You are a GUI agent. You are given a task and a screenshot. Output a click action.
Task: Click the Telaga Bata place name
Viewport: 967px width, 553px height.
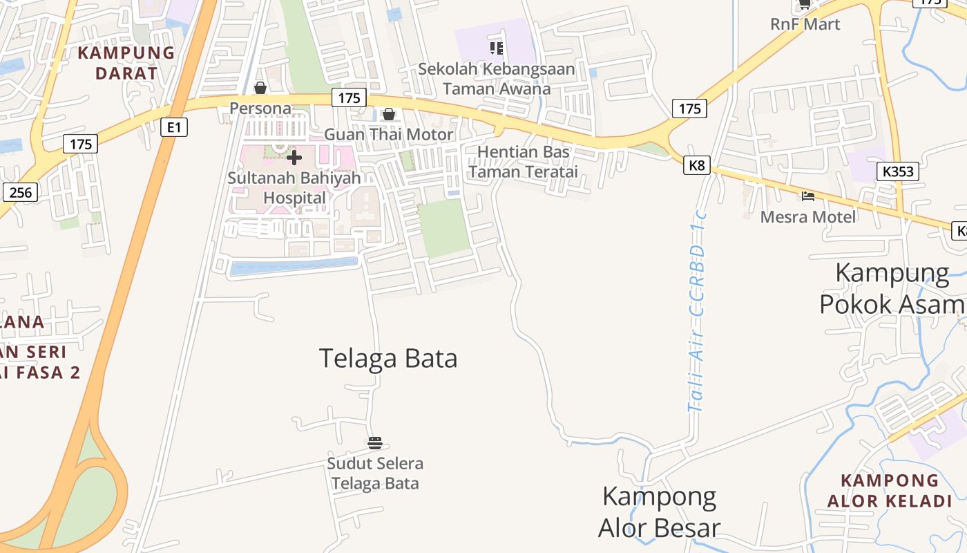point(388,359)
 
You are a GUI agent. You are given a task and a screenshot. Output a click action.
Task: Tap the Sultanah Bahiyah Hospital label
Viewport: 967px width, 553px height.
point(294,187)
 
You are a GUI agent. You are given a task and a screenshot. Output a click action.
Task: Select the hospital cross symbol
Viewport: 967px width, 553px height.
point(294,158)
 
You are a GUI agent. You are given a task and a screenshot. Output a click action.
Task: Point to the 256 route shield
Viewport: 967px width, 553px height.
point(21,192)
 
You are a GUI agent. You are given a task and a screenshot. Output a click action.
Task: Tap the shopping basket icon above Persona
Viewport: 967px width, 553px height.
point(260,88)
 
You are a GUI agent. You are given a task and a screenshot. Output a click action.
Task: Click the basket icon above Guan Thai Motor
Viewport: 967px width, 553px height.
point(389,114)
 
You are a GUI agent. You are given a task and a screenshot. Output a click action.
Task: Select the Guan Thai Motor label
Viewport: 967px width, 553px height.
point(389,134)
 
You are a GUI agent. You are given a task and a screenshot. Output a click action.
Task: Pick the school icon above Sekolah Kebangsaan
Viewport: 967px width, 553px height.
point(497,48)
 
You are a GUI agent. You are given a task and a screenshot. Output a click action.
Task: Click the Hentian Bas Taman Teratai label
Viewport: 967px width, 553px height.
point(523,162)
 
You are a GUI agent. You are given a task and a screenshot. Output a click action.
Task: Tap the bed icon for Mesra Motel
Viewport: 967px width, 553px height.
point(808,196)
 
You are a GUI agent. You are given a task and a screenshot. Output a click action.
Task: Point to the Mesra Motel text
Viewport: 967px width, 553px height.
point(808,217)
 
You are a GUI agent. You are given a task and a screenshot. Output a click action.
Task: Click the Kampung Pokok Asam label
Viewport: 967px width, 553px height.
point(892,288)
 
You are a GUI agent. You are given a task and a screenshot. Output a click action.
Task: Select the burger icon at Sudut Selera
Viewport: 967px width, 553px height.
point(375,442)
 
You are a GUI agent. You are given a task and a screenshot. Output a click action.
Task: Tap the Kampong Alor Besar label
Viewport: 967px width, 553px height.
point(659,512)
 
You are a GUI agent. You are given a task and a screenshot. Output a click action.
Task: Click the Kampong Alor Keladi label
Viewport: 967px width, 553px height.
point(890,491)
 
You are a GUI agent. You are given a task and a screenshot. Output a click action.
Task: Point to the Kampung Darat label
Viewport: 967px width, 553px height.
point(126,63)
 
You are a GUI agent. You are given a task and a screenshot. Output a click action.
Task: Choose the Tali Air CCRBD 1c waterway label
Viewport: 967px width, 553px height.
point(699,311)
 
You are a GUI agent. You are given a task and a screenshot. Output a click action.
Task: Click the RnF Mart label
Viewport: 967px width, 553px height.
point(805,24)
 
